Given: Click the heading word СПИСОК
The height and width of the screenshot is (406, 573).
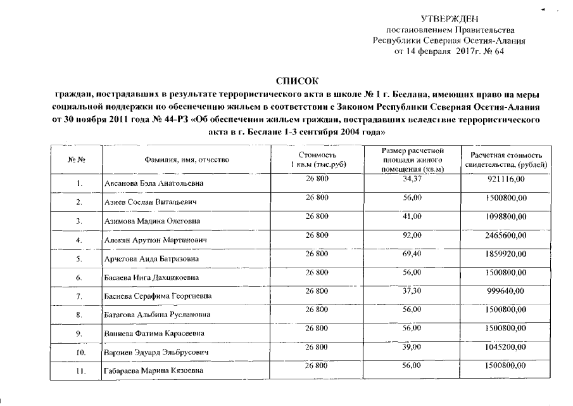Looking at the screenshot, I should pos(296,81).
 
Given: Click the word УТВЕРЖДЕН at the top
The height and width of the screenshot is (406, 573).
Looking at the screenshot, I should pos(449,20).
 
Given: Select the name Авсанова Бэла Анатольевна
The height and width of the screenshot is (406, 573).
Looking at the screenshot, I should pos(148,184).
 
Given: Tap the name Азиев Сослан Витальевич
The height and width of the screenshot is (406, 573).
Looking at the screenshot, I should pos(148,202).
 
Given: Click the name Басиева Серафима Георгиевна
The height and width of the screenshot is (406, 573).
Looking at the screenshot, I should pos(158,296).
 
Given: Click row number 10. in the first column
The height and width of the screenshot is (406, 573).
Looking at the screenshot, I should pos(80,351).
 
